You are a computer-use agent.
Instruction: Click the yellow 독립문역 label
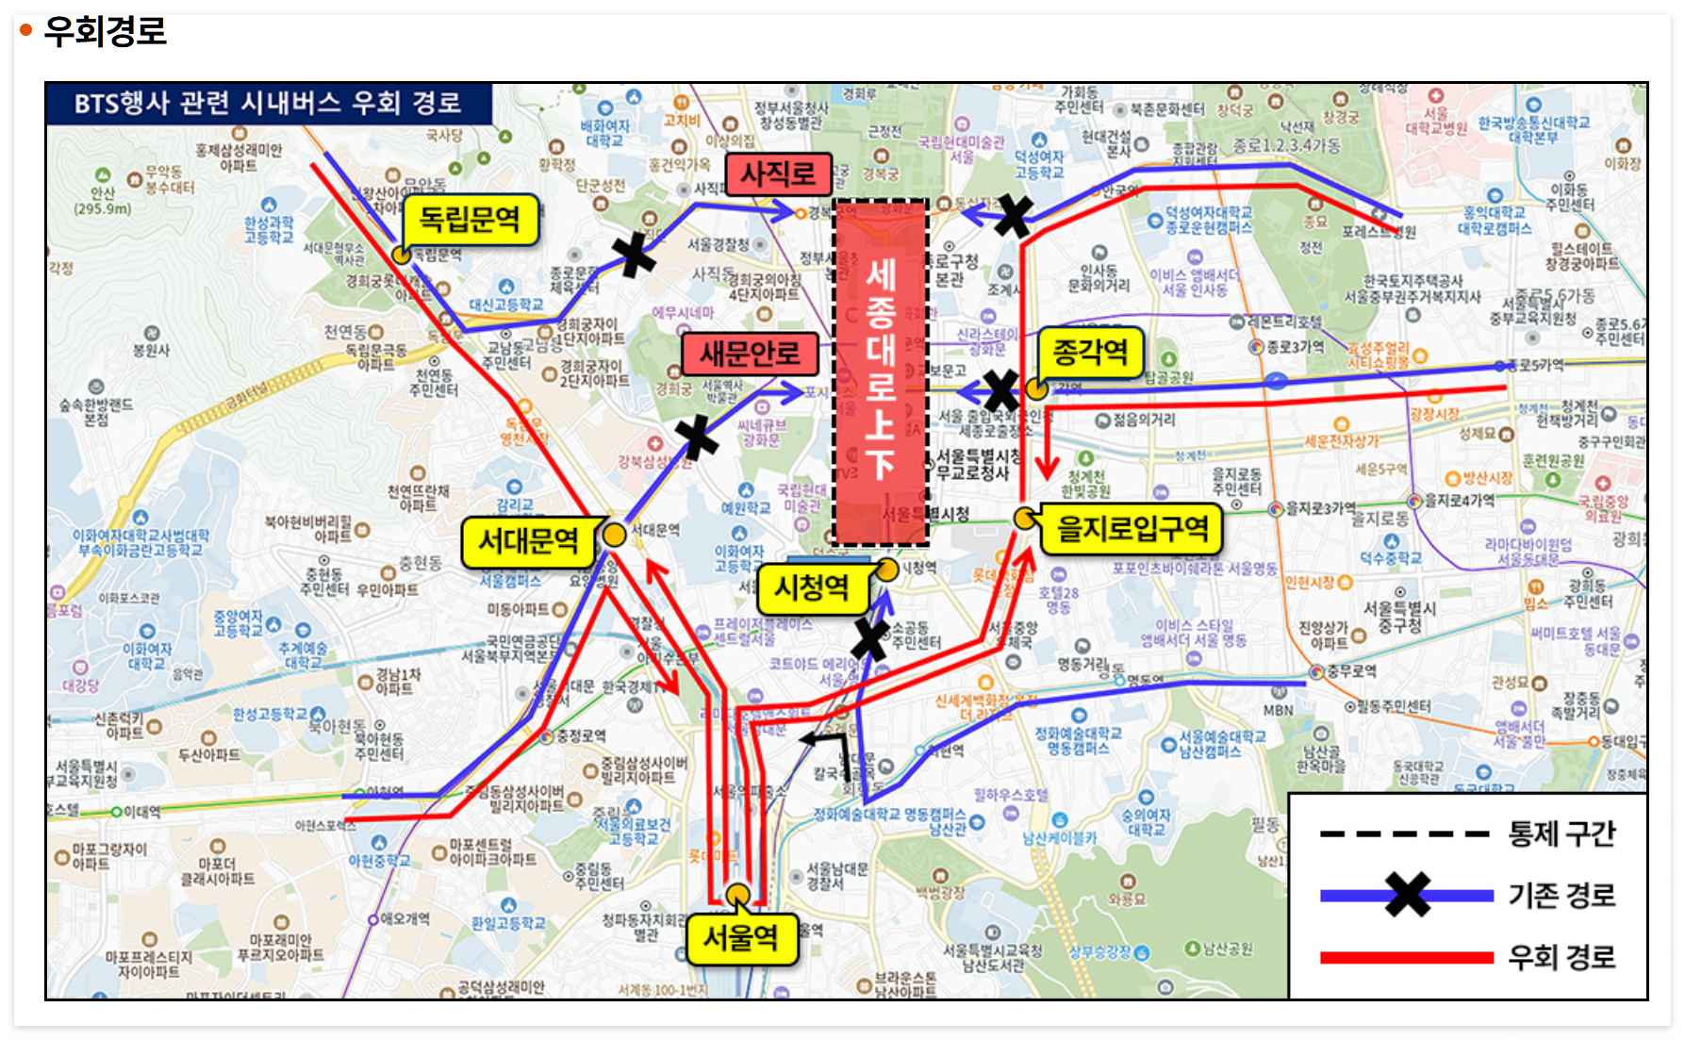click(x=469, y=220)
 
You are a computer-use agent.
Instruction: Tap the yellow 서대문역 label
click(x=528, y=541)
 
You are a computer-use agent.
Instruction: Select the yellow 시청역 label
click(x=811, y=588)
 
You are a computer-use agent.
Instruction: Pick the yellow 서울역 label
click(x=740, y=938)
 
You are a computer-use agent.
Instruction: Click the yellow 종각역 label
click(x=1090, y=353)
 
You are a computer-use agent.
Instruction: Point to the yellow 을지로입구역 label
click(x=1132, y=528)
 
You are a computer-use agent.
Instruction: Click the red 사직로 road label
click(x=778, y=173)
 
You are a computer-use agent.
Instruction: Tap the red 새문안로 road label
click(x=750, y=354)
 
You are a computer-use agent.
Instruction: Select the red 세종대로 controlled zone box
click(x=881, y=372)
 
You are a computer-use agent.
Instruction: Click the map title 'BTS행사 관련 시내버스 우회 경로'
click(x=268, y=103)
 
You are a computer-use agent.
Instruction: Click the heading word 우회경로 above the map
click(x=105, y=31)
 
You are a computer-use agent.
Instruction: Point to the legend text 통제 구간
click(x=1561, y=834)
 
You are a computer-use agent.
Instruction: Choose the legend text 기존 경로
click(x=1561, y=895)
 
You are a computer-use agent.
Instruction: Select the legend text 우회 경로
click(x=1561, y=957)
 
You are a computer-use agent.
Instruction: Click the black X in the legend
click(x=1407, y=895)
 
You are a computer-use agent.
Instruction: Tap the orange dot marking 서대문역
click(x=614, y=535)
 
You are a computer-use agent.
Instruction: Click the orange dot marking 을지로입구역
click(x=1025, y=518)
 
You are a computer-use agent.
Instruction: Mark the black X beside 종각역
click(x=1000, y=390)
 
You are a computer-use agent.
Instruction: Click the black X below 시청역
click(x=869, y=639)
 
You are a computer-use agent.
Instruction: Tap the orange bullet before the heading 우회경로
click(x=25, y=31)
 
